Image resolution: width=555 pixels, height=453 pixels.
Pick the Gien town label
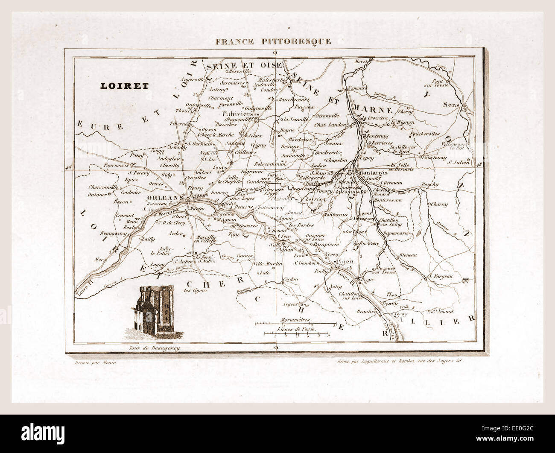[x=343, y=261]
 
